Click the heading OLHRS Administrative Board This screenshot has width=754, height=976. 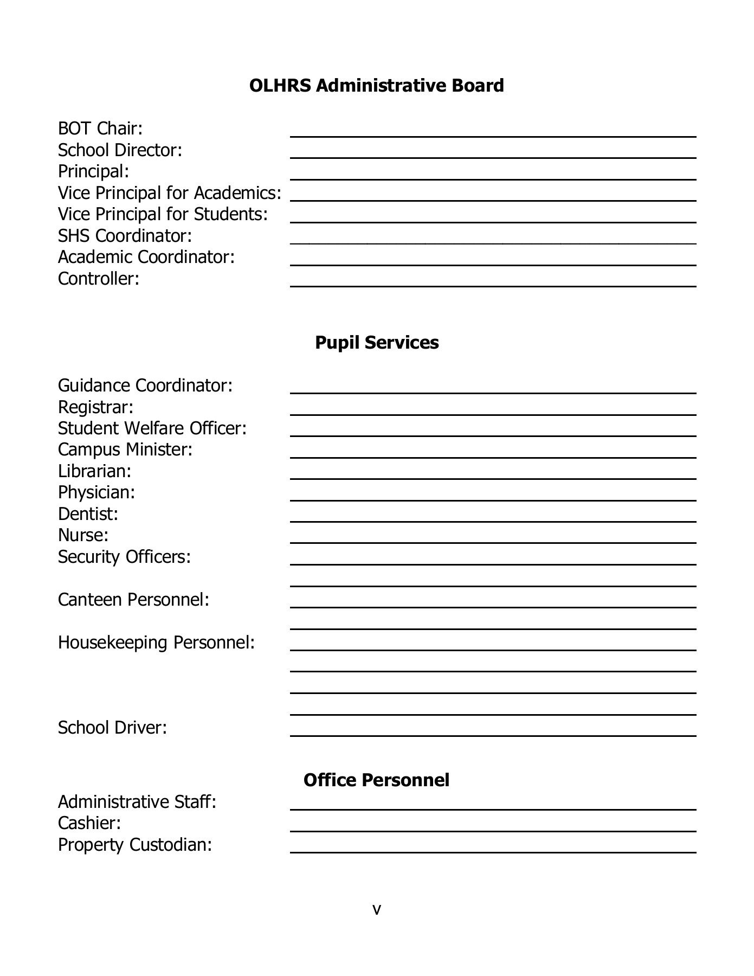(376, 86)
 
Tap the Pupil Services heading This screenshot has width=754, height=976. (376, 343)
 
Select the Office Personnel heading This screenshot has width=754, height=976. (376, 780)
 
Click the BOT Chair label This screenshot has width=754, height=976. (100, 129)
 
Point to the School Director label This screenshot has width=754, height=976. (120, 150)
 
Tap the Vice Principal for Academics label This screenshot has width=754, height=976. (169, 193)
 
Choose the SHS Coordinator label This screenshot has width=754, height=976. (125, 236)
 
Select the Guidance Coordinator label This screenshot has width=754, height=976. (145, 386)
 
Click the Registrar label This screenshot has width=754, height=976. (95, 407)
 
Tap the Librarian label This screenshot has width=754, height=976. (95, 471)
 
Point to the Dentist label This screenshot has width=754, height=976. (88, 514)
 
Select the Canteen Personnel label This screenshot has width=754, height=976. (133, 600)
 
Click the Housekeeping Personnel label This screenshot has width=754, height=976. (156, 643)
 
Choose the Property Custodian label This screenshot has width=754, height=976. (134, 845)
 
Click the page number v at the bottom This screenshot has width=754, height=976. (377, 909)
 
